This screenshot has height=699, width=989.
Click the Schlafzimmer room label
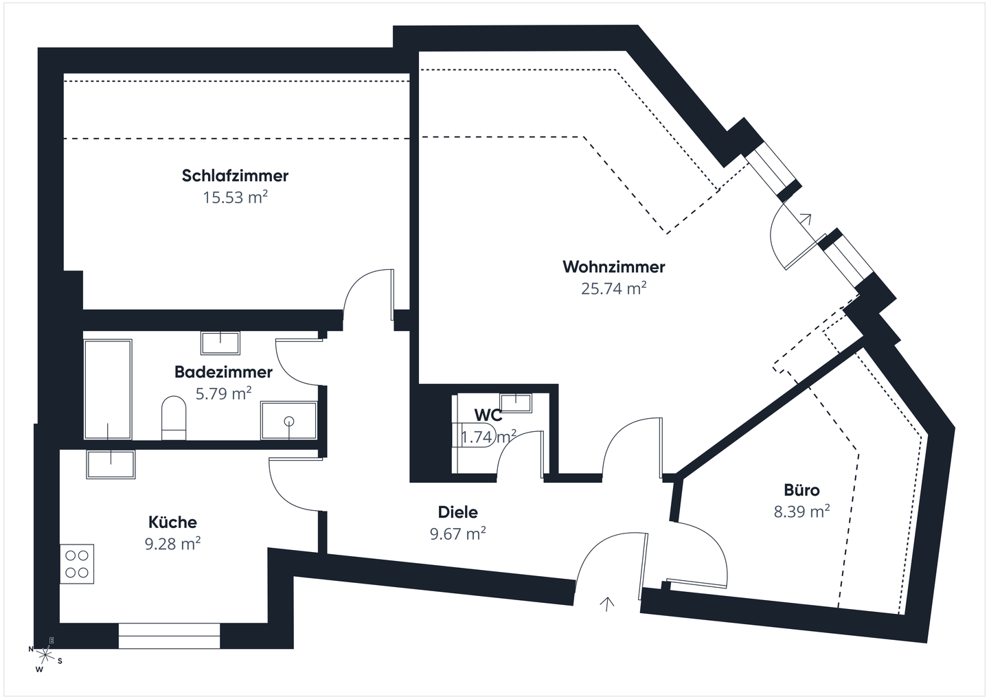click(235, 176)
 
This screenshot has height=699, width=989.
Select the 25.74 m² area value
click(613, 288)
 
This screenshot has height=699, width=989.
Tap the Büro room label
click(802, 490)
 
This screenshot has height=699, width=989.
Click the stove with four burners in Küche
click(77, 564)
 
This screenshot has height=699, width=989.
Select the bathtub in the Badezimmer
click(108, 389)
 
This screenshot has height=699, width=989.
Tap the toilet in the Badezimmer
click(174, 416)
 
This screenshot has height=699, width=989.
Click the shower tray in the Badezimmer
click(288, 420)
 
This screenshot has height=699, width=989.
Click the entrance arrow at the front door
click(606, 604)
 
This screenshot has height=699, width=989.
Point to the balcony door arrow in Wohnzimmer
click(806, 219)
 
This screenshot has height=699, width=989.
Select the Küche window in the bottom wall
click(169, 635)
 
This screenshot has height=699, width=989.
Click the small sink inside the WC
click(516, 402)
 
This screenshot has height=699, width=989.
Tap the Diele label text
click(457, 512)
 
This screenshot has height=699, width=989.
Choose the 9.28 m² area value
click(172, 544)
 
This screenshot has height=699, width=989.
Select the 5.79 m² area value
click(223, 394)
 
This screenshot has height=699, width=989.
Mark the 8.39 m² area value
click(802, 512)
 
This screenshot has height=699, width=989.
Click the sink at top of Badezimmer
click(220, 342)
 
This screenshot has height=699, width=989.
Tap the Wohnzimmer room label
click(613, 266)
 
